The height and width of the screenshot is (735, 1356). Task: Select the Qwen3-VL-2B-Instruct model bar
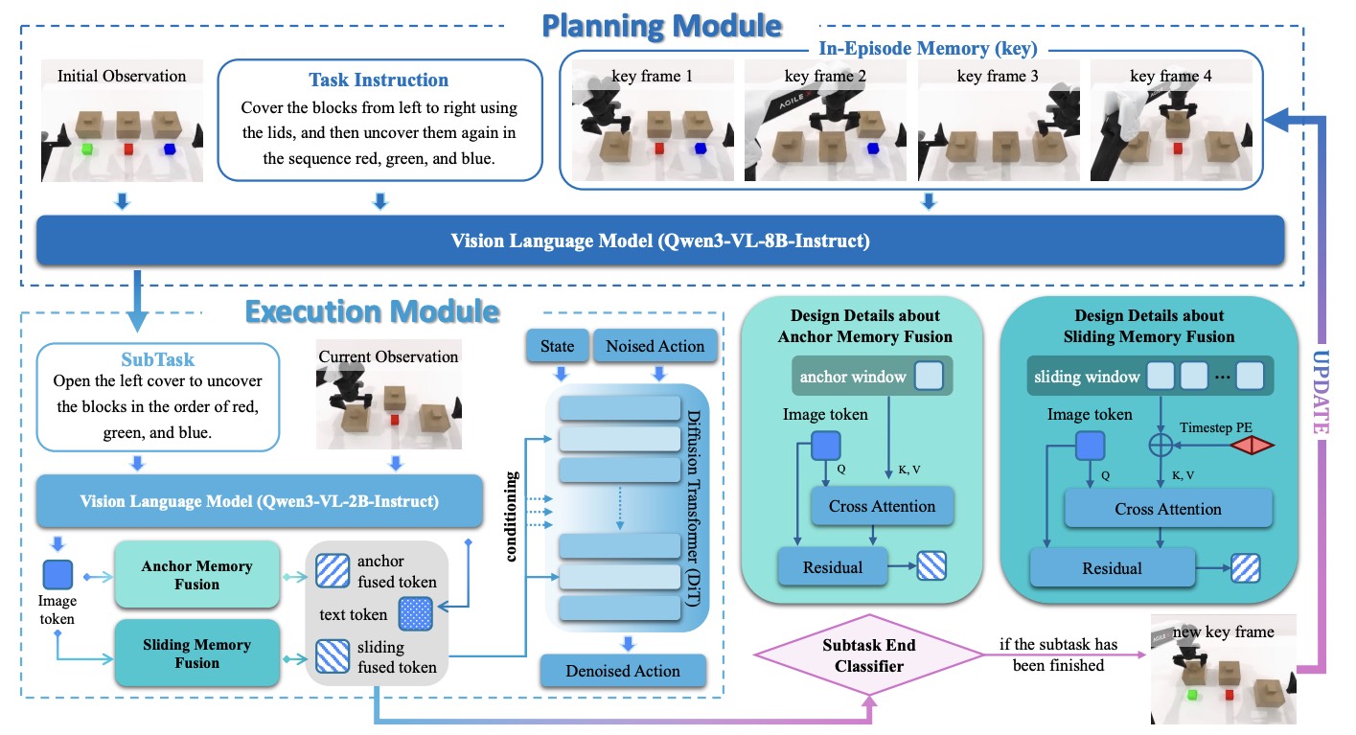tap(258, 499)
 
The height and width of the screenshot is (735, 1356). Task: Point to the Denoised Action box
tap(623, 671)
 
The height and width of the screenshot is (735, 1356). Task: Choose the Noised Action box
tap(655, 347)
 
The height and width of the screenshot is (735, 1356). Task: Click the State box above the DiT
tap(557, 347)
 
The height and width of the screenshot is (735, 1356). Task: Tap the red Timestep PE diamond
tap(1252, 445)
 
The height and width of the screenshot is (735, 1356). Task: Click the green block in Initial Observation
tap(86, 149)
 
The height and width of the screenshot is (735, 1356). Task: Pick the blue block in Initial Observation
tap(170, 149)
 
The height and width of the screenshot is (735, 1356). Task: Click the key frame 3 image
tap(998, 122)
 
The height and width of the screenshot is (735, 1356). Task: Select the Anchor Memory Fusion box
tap(196, 575)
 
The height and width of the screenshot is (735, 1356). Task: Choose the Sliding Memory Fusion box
tap(196, 654)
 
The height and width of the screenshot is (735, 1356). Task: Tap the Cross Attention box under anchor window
tap(882, 506)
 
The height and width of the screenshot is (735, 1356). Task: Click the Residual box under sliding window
tap(1112, 567)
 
